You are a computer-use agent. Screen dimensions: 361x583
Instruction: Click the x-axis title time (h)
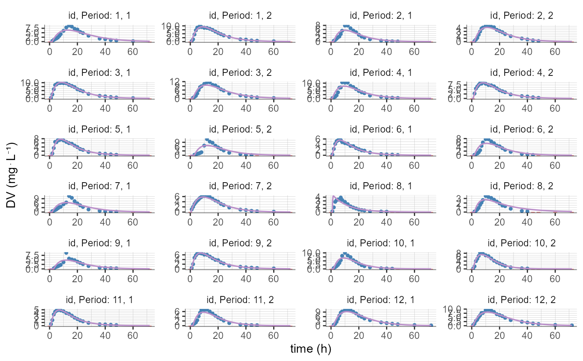pos(311,349)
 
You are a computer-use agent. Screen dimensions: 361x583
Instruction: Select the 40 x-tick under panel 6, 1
pos(386,164)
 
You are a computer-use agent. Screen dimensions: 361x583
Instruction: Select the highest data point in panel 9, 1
pos(66,253)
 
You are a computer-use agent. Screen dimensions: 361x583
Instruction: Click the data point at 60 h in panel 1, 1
pos(133,41)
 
